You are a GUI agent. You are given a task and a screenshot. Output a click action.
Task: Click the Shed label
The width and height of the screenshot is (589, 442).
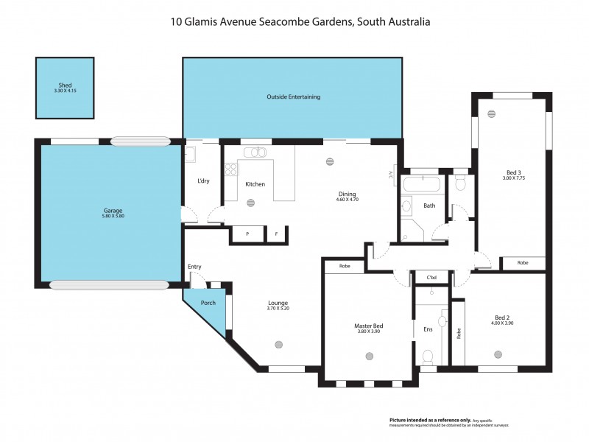point(66,85)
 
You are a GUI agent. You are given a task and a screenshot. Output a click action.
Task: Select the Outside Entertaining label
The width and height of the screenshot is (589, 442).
point(293,97)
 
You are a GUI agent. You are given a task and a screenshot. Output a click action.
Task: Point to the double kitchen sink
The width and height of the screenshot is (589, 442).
point(255,152)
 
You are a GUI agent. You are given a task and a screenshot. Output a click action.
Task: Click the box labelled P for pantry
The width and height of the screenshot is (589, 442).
point(248,234)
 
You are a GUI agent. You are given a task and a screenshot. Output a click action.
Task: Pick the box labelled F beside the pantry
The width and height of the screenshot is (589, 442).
point(277,234)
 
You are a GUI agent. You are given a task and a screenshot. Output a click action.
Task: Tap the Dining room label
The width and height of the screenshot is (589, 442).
point(346,194)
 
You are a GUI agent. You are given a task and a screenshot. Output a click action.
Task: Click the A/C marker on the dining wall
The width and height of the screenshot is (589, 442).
point(391,175)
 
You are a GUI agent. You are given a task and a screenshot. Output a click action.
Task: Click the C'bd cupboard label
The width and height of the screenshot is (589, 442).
point(432,278)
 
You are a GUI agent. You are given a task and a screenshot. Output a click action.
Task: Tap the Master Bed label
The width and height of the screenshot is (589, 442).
point(368,326)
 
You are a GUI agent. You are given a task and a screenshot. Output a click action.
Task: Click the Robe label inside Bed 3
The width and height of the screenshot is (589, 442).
point(523,263)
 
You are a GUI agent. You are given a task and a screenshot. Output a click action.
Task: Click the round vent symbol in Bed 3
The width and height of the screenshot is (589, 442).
point(492,113)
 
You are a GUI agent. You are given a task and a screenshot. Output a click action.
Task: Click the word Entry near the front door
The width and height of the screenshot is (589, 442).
point(194,267)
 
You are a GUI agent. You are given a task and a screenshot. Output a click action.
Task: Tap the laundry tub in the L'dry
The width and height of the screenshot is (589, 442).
point(190,155)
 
